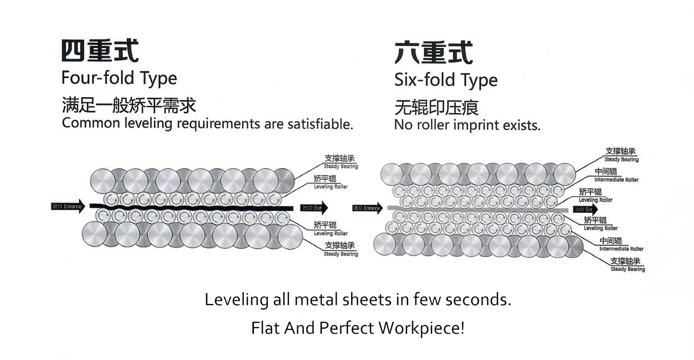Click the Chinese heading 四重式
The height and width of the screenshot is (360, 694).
point(99,51)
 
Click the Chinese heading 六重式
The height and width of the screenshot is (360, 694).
point(433,52)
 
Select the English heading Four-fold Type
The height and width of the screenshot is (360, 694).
point(119,78)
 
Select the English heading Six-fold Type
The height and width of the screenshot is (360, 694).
point(446,80)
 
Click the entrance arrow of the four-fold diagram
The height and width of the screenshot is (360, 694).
point(68,206)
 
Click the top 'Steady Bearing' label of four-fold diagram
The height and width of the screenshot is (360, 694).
point(340,162)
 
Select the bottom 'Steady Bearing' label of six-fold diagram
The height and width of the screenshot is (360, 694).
point(627,265)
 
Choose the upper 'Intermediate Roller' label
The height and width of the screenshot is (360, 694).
point(616,175)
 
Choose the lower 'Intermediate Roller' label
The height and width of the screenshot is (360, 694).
point(621,245)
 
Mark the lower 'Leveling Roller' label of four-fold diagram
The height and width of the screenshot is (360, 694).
point(331,229)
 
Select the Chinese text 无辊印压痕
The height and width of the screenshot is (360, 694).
point(436,107)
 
